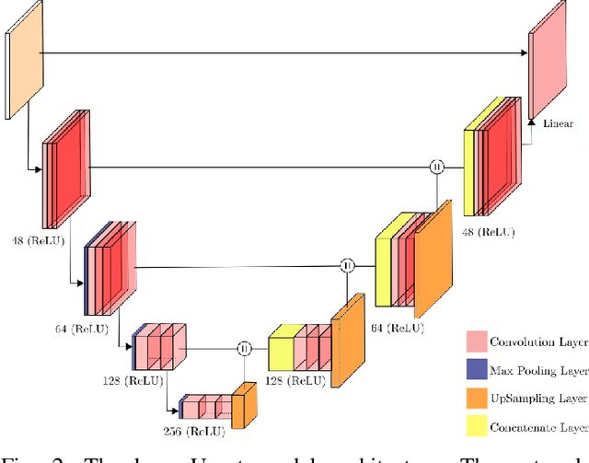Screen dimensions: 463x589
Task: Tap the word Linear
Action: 558,123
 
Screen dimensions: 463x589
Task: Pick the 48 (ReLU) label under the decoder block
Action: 488,232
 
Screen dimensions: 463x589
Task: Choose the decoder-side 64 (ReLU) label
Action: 397,328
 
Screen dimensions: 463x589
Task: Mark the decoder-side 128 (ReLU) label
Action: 294,380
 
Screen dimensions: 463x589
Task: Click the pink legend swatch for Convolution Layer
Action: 477,341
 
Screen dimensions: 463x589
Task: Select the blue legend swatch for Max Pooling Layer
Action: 477,370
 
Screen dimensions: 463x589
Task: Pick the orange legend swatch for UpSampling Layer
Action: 477,399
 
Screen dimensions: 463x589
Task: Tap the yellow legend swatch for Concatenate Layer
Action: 477,427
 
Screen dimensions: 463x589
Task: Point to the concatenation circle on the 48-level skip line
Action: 437,167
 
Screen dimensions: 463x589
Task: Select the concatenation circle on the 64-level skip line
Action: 347,266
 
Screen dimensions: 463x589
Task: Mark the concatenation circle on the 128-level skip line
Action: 244,348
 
